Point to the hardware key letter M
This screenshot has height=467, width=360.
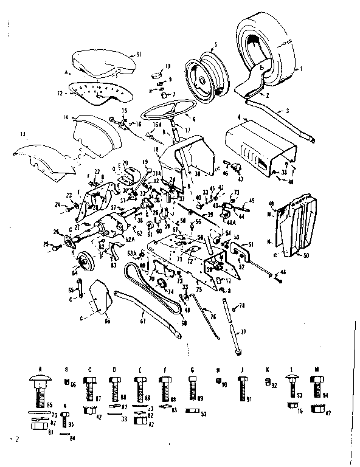pos(316,369)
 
